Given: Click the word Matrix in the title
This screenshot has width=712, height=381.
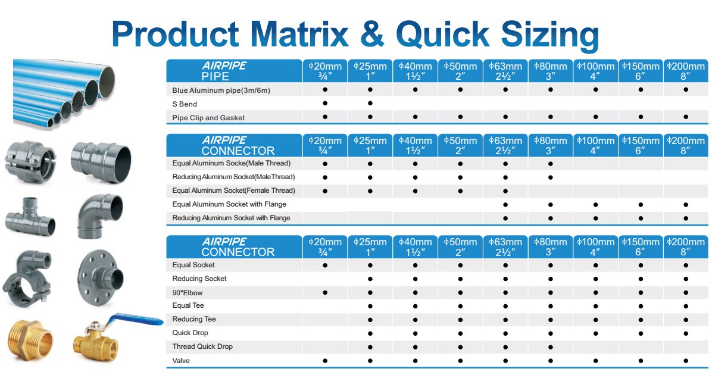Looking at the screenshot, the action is pyautogui.click(x=298, y=34).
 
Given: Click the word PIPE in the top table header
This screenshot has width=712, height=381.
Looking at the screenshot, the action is pyautogui.click(x=216, y=76).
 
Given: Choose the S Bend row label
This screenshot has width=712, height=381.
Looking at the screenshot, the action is pyautogui.click(x=185, y=104).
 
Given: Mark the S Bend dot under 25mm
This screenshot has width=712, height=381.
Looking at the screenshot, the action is pyautogui.click(x=370, y=103).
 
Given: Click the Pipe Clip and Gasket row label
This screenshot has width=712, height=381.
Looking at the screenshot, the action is pyautogui.click(x=208, y=118).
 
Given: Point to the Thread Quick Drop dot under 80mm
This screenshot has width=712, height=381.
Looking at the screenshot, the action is pyautogui.click(x=550, y=347).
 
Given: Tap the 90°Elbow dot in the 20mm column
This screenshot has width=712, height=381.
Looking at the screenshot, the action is pyautogui.click(x=325, y=292).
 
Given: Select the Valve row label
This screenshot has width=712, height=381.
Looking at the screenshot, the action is pyautogui.click(x=181, y=361).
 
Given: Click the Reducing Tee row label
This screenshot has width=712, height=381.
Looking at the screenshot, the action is pyautogui.click(x=194, y=319).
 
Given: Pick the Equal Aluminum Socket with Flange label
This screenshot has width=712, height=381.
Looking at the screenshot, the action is pyautogui.click(x=229, y=204).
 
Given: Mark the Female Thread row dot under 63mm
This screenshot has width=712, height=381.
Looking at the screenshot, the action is pyautogui.click(x=505, y=191).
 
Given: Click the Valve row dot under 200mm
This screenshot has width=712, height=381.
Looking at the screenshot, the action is pyautogui.click(x=686, y=361).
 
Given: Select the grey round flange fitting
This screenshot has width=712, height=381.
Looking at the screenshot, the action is pyautogui.click(x=100, y=277).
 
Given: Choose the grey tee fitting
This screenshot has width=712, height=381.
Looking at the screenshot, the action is pyautogui.click(x=30, y=218).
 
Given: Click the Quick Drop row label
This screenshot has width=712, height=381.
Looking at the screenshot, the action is pyautogui.click(x=191, y=333).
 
